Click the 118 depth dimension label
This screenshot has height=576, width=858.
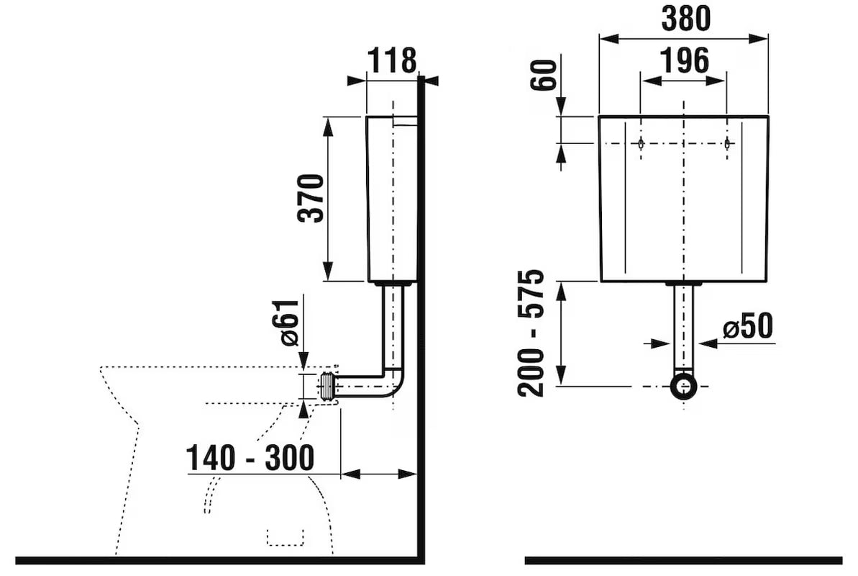pos(391,60)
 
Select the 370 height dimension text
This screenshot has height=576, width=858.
pos(311,198)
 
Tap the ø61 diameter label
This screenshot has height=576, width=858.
pos(289,323)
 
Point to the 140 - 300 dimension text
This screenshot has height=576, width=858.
pos(250,458)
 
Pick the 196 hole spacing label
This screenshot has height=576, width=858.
pos(684,60)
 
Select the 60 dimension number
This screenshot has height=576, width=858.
pos(544,75)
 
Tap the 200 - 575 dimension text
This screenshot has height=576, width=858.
pos(531,333)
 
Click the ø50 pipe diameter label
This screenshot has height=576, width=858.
pos(747,326)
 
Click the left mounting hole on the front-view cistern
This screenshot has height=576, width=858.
pos(641,143)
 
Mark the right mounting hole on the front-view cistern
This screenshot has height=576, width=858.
pos(726,143)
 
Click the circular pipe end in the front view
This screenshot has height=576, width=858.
pos(683,386)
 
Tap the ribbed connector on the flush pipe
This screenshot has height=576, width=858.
pos(327,387)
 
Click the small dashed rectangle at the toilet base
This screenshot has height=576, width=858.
pos(285,538)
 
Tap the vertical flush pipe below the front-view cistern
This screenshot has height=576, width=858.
pos(683,328)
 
